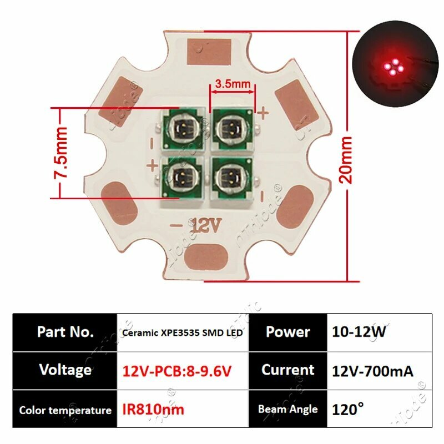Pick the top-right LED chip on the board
(x=230, y=128)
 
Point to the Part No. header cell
(x=65, y=332)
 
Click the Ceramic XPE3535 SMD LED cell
(x=183, y=332)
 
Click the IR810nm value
(x=153, y=410)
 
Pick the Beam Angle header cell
(x=287, y=410)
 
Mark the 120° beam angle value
(x=348, y=410)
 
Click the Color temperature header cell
(x=65, y=411)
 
